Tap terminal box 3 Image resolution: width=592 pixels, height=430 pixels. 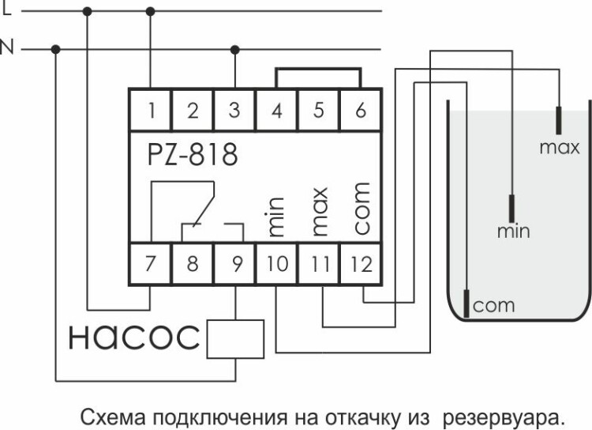234,110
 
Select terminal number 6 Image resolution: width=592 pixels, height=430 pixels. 361,110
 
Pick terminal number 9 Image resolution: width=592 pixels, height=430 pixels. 234,263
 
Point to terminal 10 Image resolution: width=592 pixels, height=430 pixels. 276,263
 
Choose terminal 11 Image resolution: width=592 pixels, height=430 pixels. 319,263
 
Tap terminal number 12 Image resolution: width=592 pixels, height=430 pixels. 361,263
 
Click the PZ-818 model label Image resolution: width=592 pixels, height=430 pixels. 192,154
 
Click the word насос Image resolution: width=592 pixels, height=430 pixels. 133,338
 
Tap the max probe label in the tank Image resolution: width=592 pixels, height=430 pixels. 559,148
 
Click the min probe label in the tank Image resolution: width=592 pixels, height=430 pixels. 513,232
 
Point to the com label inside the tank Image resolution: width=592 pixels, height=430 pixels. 493,305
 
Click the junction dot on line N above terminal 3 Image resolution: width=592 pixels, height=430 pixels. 234,49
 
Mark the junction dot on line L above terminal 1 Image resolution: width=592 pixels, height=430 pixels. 150,11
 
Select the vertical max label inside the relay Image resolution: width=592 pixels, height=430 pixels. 319,212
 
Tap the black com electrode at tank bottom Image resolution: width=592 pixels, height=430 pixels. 466,302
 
